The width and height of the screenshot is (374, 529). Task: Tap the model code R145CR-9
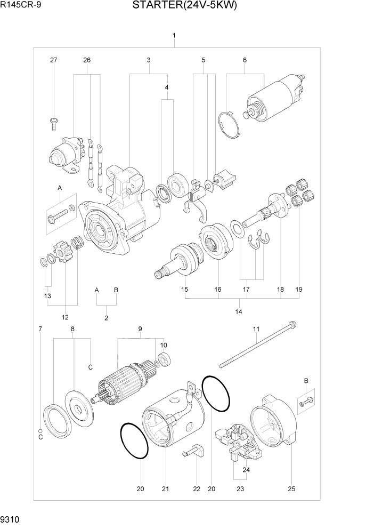[20, 6]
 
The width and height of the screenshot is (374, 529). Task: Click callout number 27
[53, 60]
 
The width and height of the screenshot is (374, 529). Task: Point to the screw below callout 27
[54, 123]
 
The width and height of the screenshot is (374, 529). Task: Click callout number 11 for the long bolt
[256, 329]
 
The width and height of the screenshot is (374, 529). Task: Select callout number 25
[291, 488]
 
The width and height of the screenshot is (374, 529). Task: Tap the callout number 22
[196, 488]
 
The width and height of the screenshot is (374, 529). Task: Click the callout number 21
[165, 488]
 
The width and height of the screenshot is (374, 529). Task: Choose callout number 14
[238, 311]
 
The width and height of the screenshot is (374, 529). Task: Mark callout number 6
[245, 60]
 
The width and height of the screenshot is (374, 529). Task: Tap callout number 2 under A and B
[106, 318]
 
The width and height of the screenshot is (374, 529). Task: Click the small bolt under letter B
[307, 400]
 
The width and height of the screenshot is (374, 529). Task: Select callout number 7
[40, 329]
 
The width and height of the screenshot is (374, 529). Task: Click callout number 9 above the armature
[140, 329]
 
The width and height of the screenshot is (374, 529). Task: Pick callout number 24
[246, 470]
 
